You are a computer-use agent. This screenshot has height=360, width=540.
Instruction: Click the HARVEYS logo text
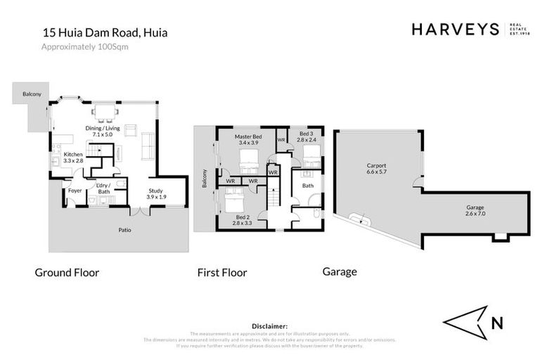coord(455,30)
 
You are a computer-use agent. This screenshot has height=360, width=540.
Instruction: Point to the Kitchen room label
coord(74,157)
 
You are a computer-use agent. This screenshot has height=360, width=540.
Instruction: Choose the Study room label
coord(155,193)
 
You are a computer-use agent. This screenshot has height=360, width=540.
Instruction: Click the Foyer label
coord(75,190)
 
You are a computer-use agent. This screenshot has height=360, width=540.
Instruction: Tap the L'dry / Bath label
coord(103,189)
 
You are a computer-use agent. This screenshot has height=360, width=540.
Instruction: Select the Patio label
coord(124,229)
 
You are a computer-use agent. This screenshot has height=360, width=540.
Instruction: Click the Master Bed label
coord(249,139)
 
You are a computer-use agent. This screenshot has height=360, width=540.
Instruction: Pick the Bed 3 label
coord(306,136)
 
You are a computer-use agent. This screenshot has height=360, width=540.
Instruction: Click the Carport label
coord(376,169)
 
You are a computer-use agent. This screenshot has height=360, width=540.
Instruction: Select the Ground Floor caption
coord(67,272)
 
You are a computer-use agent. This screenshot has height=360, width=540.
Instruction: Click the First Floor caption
coord(221,272)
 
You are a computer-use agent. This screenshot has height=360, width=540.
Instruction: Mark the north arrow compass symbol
coord(465,323)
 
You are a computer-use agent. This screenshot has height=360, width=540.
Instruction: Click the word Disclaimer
coord(269,326)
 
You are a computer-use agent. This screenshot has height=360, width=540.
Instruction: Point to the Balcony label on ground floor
coord(32,94)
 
